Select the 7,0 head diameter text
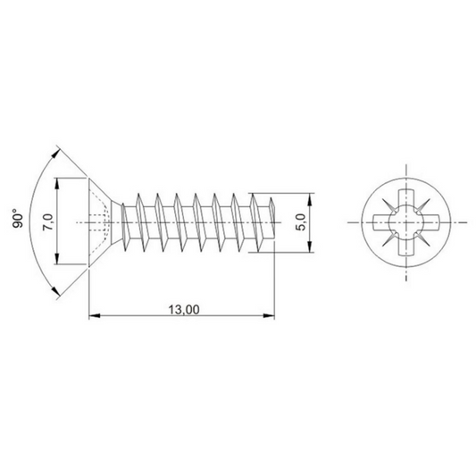point(49,221)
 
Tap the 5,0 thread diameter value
point(301,221)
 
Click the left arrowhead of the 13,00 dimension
point(94,314)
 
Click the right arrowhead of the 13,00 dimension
point(268,314)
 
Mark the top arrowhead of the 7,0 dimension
point(58,181)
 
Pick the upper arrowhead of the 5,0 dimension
point(310,196)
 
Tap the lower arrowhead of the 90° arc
point(55,292)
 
